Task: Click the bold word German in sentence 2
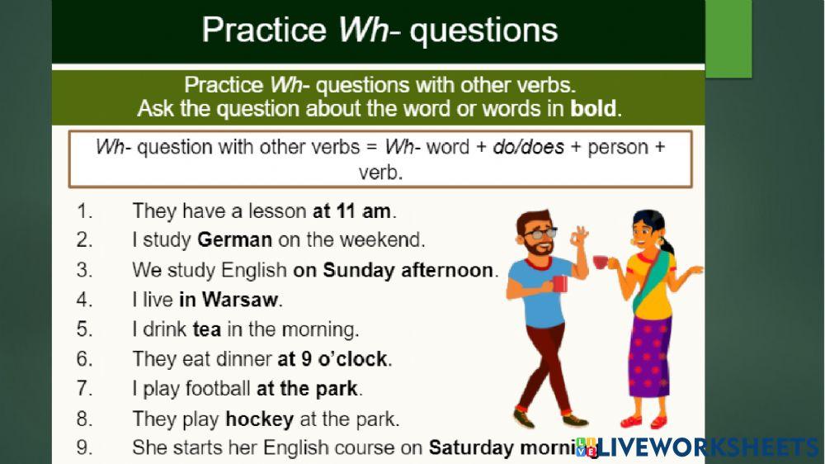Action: coord(234,240)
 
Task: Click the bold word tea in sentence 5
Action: coord(206,329)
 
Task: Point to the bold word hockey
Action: coord(259,419)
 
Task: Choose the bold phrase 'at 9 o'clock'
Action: coord(332,359)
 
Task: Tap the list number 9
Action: coord(85,448)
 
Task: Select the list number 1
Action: coord(85,211)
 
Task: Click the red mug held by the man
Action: coord(560,283)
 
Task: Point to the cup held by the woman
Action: coord(601,262)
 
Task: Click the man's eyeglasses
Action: coord(540,234)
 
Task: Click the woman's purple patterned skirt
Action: coord(649,355)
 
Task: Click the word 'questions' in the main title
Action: coord(483,31)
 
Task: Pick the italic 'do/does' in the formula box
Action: coord(529,148)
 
